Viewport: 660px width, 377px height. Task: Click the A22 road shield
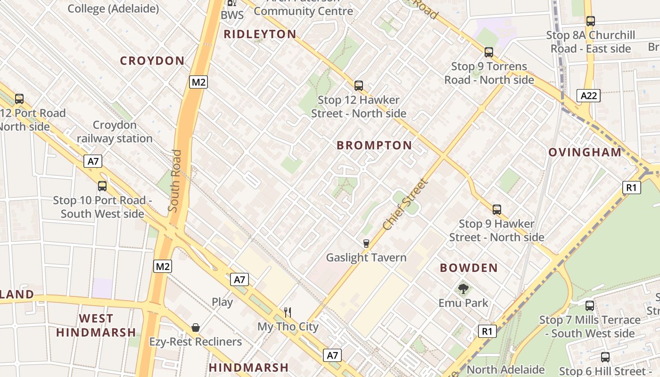coord(589,96)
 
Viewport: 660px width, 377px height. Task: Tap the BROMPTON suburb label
coord(374,146)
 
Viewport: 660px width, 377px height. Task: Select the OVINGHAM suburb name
coord(585,152)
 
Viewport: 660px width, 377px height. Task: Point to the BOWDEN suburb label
coord(469,268)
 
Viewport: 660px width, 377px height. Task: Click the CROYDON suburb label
coord(152,61)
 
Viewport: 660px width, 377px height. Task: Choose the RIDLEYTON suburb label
coord(260,34)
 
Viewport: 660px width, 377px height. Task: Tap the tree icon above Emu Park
coord(463,288)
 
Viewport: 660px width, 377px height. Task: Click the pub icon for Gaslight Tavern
coord(366,244)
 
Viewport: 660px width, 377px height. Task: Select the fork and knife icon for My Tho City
coord(288,312)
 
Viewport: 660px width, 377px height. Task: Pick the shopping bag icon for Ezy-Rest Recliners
coord(195,328)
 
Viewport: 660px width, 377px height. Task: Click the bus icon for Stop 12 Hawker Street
coord(359,86)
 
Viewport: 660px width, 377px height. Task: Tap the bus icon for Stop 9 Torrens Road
coord(489,52)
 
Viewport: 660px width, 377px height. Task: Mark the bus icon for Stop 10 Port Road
coord(102,186)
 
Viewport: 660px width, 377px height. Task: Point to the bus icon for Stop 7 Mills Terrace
coord(589,306)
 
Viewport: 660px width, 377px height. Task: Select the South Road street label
coord(174,180)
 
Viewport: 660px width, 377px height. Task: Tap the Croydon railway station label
coord(115,132)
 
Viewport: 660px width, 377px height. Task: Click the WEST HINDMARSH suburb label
coord(96,326)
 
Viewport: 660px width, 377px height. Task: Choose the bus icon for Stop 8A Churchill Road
coord(590,21)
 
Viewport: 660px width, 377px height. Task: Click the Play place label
coord(222,302)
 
